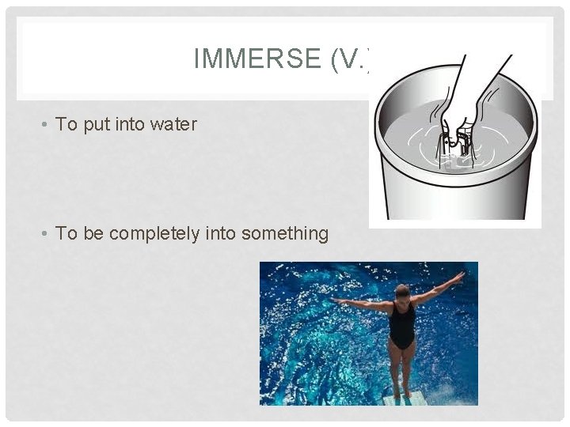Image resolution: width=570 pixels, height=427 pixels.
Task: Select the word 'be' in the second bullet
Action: coord(91,233)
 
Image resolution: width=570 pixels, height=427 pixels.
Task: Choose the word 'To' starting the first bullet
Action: coord(66,125)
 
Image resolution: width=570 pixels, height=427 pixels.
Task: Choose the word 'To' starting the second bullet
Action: coord(66,233)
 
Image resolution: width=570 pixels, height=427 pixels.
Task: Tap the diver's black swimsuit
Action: coord(402,326)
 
